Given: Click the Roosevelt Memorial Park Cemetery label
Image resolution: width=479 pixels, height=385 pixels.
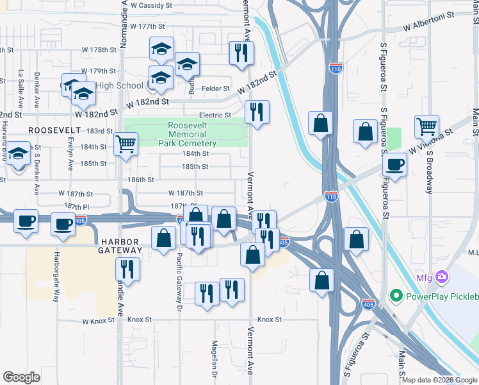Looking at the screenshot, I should [187, 134].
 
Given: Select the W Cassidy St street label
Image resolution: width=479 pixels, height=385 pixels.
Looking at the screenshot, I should [151, 4].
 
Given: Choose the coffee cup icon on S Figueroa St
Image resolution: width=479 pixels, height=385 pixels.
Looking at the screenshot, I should [395, 164].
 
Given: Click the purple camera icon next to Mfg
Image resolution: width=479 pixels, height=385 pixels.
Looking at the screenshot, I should [441, 277].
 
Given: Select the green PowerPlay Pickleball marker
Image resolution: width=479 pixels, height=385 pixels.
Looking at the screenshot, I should [396, 296].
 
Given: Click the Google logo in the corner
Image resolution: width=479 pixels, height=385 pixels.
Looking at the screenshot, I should [21, 377].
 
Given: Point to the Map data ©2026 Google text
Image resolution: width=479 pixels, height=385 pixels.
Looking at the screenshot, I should [439, 380].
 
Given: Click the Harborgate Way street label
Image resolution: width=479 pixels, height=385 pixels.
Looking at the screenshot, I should [56, 278].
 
